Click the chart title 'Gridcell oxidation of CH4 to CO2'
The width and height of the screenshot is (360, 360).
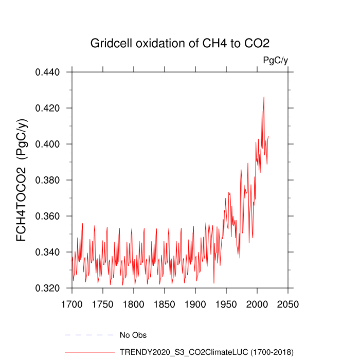tap(180, 43)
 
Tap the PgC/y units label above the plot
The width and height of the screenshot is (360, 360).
tap(275, 60)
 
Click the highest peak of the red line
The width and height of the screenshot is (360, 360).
tap(264, 97)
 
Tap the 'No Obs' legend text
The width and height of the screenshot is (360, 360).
tap(133, 335)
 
